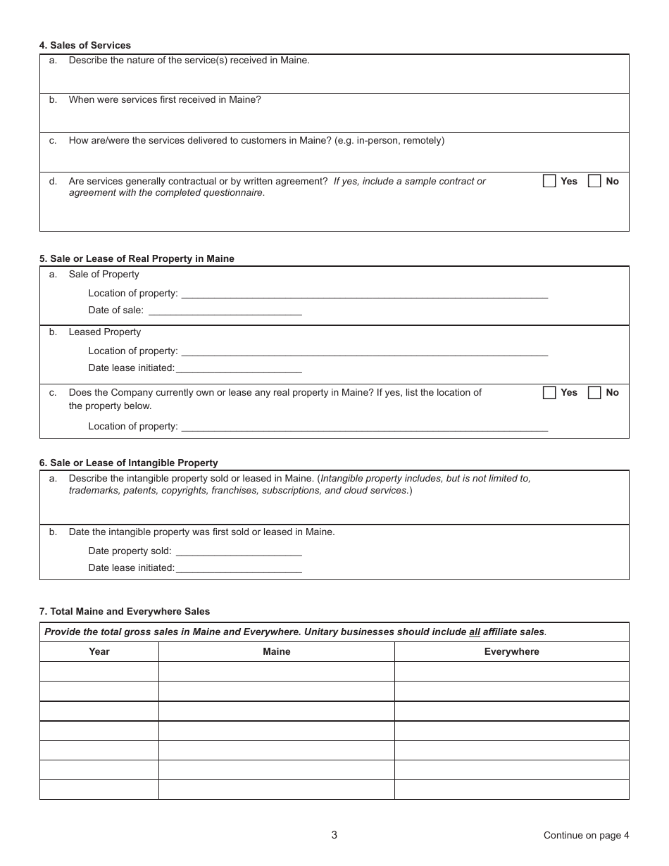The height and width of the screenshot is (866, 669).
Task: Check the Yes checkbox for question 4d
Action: click(x=549, y=181)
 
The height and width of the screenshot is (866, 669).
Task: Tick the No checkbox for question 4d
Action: click(x=594, y=181)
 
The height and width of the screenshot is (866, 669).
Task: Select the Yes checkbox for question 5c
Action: click(x=549, y=393)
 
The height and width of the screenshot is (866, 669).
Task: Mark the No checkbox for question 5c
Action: click(x=594, y=393)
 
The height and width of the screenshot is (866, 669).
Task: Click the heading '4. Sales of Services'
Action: click(x=85, y=46)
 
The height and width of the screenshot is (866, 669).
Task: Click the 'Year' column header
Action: click(x=99, y=651)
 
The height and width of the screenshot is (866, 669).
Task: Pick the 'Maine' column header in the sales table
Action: click(x=276, y=651)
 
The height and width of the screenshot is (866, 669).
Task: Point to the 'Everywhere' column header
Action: click(x=511, y=651)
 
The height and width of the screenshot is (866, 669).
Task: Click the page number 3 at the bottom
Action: click(x=334, y=835)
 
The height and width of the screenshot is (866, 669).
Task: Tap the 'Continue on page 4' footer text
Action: click(x=586, y=835)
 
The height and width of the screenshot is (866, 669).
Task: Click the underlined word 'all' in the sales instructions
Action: click(x=475, y=632)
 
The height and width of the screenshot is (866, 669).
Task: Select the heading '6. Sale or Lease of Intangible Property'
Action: click(x=129, y=463)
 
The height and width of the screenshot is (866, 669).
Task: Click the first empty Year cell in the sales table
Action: click(x=99, y=671)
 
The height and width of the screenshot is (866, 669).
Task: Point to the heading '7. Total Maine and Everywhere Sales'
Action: click(x=125, y=611)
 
